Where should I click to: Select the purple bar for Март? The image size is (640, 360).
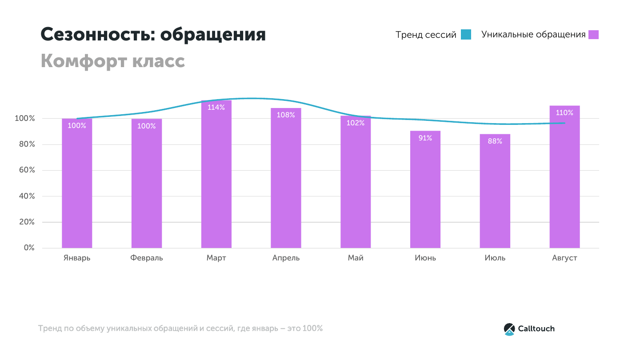coord(216,178)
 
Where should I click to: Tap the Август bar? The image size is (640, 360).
coord(564,178)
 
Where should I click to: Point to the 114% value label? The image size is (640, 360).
coord(216,107)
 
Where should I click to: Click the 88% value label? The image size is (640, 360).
coord(495,141)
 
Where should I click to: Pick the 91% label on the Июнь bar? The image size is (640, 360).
coord(425,138)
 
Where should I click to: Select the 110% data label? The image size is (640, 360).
coord(564,113)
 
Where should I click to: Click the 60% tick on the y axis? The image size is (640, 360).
coord(26,170)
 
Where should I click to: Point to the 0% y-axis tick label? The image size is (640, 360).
coord(29,248)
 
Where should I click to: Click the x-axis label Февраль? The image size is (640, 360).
coord(147,258)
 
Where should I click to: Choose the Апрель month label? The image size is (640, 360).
coord(286,258)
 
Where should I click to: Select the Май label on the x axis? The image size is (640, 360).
coord(356,258)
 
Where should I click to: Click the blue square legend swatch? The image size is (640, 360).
coord(466,35)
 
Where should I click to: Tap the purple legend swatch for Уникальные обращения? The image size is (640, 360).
coord(593,35)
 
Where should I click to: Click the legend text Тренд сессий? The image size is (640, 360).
coord(426,35)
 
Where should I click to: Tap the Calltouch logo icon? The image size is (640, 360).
coord(509,329)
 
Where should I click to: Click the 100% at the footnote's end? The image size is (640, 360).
coord(312,329)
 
